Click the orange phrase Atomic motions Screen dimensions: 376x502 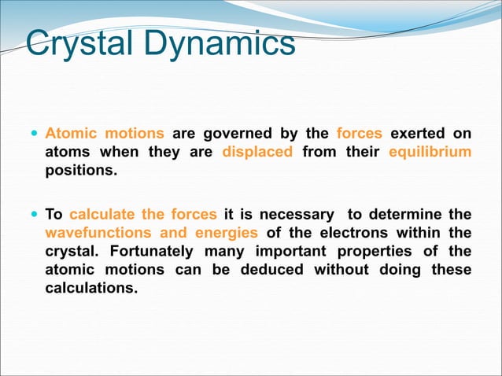[x=105, y=132]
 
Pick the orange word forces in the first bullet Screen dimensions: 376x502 [x=359, y=132]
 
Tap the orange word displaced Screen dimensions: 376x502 [x=257, y=151]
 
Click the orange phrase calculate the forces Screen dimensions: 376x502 [x=143, y=214]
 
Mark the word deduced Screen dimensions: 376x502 [x=272, y=270]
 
